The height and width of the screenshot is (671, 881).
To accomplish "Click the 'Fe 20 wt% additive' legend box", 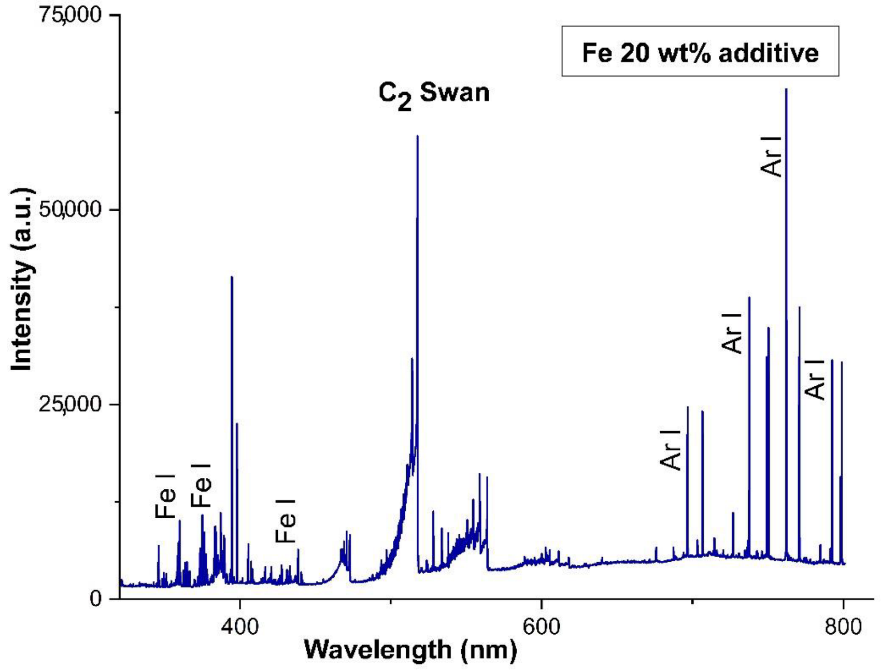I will [x=700, y=52].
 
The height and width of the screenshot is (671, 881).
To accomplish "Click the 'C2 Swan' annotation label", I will [x=434, y=94].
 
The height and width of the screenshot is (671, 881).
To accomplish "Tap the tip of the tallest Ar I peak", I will [x=786, y=90].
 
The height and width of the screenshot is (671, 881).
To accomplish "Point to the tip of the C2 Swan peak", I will [x=417, y=136].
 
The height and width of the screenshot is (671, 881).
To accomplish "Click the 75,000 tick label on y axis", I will [x=70, y=14].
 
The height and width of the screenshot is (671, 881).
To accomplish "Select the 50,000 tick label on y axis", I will [x=70, y=210].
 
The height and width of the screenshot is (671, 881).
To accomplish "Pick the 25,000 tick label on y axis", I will [x=70, y=404].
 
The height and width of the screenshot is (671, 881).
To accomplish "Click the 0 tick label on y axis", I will [x=95, y=599].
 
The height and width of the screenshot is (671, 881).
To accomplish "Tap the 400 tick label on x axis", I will [x=239, y=627].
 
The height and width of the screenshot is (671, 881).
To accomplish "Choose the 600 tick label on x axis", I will [x=541, y=627].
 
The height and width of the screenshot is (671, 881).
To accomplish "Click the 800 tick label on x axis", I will [x=843, y=627].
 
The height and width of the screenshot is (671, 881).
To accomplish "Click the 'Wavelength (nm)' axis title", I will [x=410, y=650].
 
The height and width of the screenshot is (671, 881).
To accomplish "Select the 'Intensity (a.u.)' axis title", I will [x=22, y=280].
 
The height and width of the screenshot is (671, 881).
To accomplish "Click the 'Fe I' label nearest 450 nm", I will [x=286, y=520].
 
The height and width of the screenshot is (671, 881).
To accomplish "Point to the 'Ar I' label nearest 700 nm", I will [x=670, y=449].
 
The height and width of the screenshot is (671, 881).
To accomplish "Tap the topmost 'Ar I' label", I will [x=771, y=156].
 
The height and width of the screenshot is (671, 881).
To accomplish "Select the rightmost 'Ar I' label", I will [x=815, y=380].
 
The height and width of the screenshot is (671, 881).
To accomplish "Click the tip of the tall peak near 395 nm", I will [x=232, y=277].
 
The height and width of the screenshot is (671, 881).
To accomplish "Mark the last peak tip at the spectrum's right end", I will [x=842, y=362].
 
